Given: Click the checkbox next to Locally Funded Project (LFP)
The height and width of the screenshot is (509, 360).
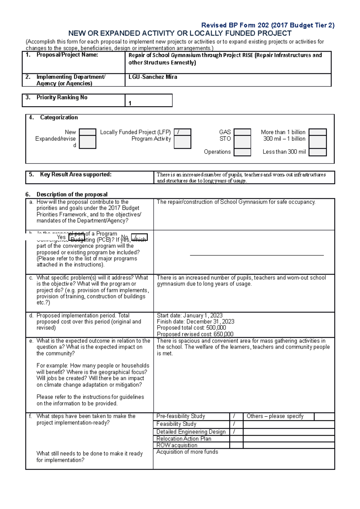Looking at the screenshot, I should [182, 132].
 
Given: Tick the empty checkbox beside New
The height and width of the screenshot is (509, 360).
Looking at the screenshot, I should [88, 132].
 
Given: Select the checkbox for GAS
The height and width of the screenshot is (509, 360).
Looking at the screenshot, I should [242, 132].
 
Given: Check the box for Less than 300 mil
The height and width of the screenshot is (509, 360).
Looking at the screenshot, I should [317, 152].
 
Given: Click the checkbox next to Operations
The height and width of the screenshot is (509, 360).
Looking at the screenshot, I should [242, 152].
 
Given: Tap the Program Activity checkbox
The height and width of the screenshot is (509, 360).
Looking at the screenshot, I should [182, 142].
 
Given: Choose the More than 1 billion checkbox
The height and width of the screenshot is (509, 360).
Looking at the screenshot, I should [317, 132].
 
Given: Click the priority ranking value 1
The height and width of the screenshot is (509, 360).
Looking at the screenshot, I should [130, 103].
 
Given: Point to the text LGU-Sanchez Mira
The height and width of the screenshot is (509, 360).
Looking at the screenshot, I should [153, 77].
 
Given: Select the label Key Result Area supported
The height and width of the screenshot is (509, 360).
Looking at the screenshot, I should [76, 174].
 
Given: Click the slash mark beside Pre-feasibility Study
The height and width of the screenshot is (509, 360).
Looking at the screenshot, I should [234, 416].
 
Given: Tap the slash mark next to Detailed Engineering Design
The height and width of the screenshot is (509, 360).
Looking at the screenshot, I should [234, 432].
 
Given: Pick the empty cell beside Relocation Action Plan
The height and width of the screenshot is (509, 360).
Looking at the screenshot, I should [236, 439].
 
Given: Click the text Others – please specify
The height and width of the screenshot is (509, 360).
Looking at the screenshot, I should [275, 416].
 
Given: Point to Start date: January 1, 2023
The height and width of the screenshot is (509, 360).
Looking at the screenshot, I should [190, 315].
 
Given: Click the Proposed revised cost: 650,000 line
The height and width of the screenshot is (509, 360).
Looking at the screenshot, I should [195, 334].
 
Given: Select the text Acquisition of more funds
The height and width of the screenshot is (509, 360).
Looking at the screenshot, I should [187, 452].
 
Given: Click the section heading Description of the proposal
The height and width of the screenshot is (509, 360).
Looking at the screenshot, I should [72, 194].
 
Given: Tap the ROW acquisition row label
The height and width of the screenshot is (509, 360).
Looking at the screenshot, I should [177, 445].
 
